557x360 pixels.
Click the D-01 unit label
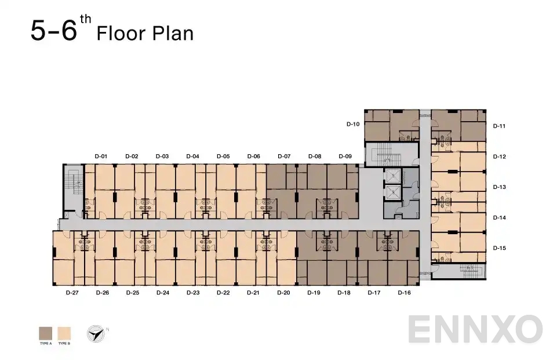101,157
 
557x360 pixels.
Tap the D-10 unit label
353,124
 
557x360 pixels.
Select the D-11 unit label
500,126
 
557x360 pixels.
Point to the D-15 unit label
500,248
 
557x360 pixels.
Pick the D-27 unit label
72,293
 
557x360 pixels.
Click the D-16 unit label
404,293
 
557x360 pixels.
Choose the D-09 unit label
345,157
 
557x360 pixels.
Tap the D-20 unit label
283,293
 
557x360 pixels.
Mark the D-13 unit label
500,187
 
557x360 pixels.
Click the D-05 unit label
223,157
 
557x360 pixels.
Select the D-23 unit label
193,293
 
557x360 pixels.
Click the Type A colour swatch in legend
45,333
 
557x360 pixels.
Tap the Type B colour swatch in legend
64,333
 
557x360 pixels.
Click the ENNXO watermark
475,329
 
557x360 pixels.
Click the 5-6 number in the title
53,31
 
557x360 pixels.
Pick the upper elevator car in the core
392,176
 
